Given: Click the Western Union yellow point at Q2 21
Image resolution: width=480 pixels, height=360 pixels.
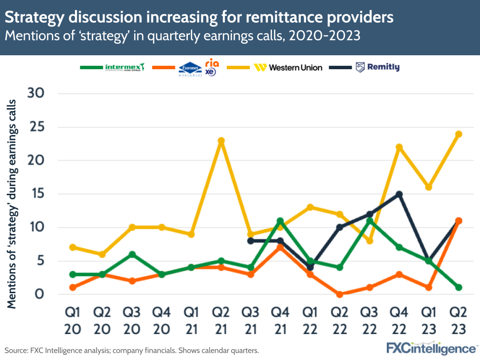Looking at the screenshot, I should click(x=221, y=141).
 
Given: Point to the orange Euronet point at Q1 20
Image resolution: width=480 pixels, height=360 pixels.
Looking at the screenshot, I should click(x=73, y=287).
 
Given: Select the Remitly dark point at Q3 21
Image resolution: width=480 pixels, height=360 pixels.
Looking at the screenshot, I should click(x=250, y=241).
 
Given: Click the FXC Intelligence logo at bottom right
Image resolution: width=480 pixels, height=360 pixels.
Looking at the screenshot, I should click(x=431, y=348).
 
